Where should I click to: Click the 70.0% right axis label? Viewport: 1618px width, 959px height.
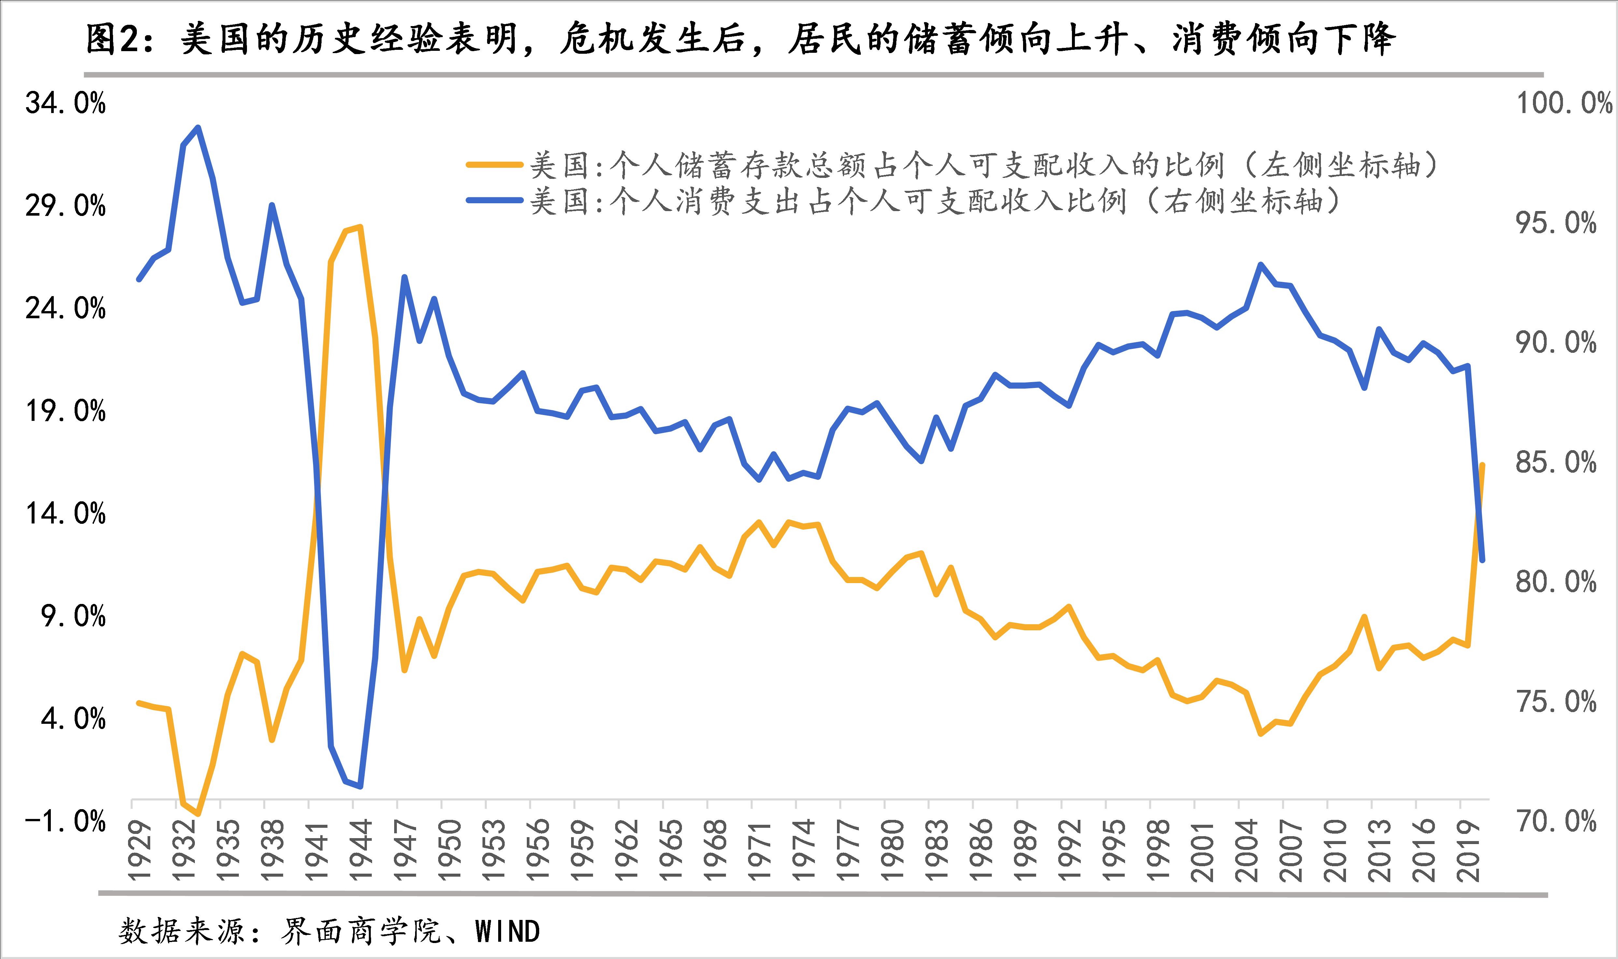pyautogui.click(x=1556, y=821)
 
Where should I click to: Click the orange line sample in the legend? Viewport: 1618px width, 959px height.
pyautogui.click(x=494, y=165)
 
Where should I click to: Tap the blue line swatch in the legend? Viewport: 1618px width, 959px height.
pyautogui.click(x=494, y=200)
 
